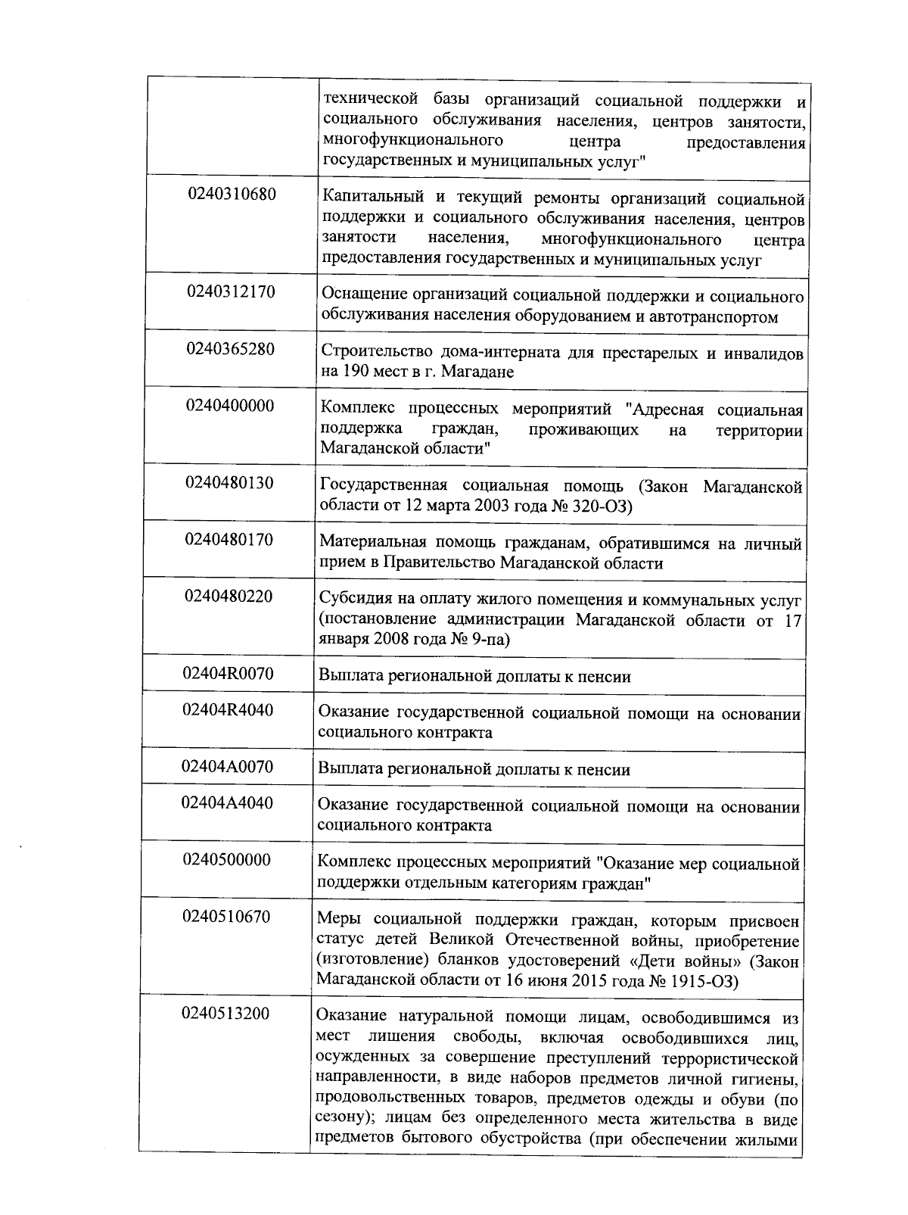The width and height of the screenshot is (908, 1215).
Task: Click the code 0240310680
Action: pyautogui.click(x=232, y=195)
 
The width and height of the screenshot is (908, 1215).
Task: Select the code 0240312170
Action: pyautogui.click(x=232, y=291)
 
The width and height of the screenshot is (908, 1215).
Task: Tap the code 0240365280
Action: pyautogui.click(x=231, y=349)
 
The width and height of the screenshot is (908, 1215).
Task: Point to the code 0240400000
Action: pyautogui.click(x=230, y=406)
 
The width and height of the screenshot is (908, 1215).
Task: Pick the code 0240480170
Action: pyautogui.click(x=229, y=540)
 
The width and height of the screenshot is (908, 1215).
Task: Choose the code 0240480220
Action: pyautogui.click(x=229, y=597)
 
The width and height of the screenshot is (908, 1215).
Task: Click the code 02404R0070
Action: pyautogui.click(x=229, y=673)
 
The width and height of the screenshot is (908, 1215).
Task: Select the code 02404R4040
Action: pyautogui.click(x=228, y=710)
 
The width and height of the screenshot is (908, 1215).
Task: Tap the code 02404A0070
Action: pyautogui.click(x=228, y=767)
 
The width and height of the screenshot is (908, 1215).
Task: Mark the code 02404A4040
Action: pyautogui.click(x=227, y=803)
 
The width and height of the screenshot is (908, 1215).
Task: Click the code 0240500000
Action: pyautogui.click(x=227, y=860)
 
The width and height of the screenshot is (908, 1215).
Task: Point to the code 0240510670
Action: pyautogui.click(x=226, y=917)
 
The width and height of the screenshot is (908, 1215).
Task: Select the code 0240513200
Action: pyautogui.click(x=225, y=1014)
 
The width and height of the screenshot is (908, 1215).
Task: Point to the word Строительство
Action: pyautogui.click(x=365, y=353)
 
